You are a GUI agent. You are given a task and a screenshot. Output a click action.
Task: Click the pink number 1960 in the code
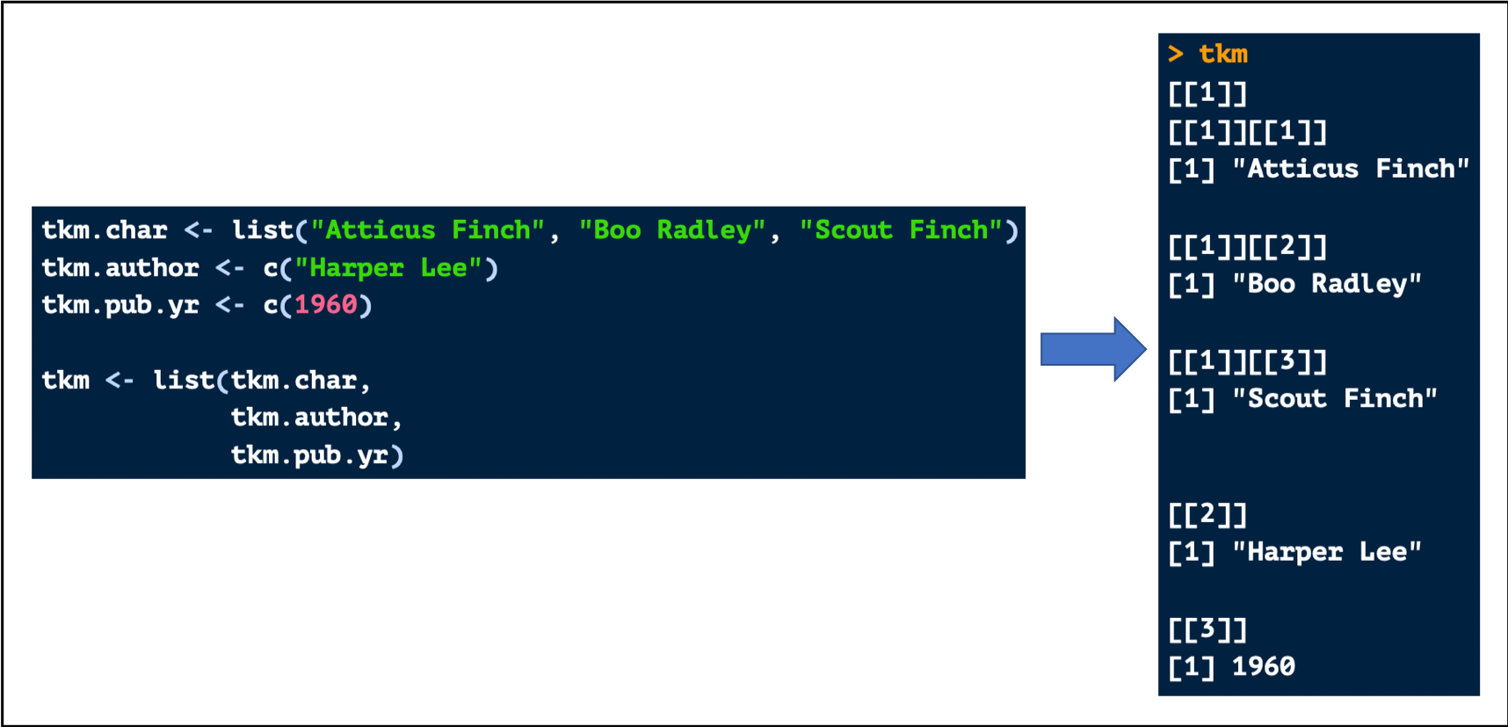coord(325,305)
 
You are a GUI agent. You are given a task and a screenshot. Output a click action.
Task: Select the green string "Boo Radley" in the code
coord(672,230)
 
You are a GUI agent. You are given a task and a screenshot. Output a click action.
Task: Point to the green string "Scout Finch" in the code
coord(901,230)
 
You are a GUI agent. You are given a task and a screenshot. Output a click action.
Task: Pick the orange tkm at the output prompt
coord(1223,55)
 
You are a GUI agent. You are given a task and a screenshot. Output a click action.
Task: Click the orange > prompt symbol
coord(1176,55)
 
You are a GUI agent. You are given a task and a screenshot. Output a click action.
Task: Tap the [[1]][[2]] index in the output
coord(1247,247)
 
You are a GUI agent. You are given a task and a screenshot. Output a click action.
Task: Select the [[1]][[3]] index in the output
coord(1247,361)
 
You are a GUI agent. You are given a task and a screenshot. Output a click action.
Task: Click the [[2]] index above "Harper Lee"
coord(1207,514)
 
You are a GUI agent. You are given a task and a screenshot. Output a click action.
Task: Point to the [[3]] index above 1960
coord(1207,629)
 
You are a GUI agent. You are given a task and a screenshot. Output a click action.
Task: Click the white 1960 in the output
coord(1264,666)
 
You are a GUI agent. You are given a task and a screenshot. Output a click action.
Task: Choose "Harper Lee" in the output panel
coord(1326,552)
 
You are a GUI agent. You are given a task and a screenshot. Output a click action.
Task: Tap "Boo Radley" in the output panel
coord(1326,284)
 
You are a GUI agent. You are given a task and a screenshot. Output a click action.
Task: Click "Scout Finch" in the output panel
coord(1334,399)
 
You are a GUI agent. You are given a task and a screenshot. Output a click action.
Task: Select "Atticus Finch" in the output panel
coord(1350,169)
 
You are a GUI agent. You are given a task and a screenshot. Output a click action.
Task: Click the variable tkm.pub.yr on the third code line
coord(120,305)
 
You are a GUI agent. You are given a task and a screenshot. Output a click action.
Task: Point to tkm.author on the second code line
coord(120,268)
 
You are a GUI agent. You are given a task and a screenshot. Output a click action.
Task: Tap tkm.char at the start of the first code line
coord(105,230)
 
